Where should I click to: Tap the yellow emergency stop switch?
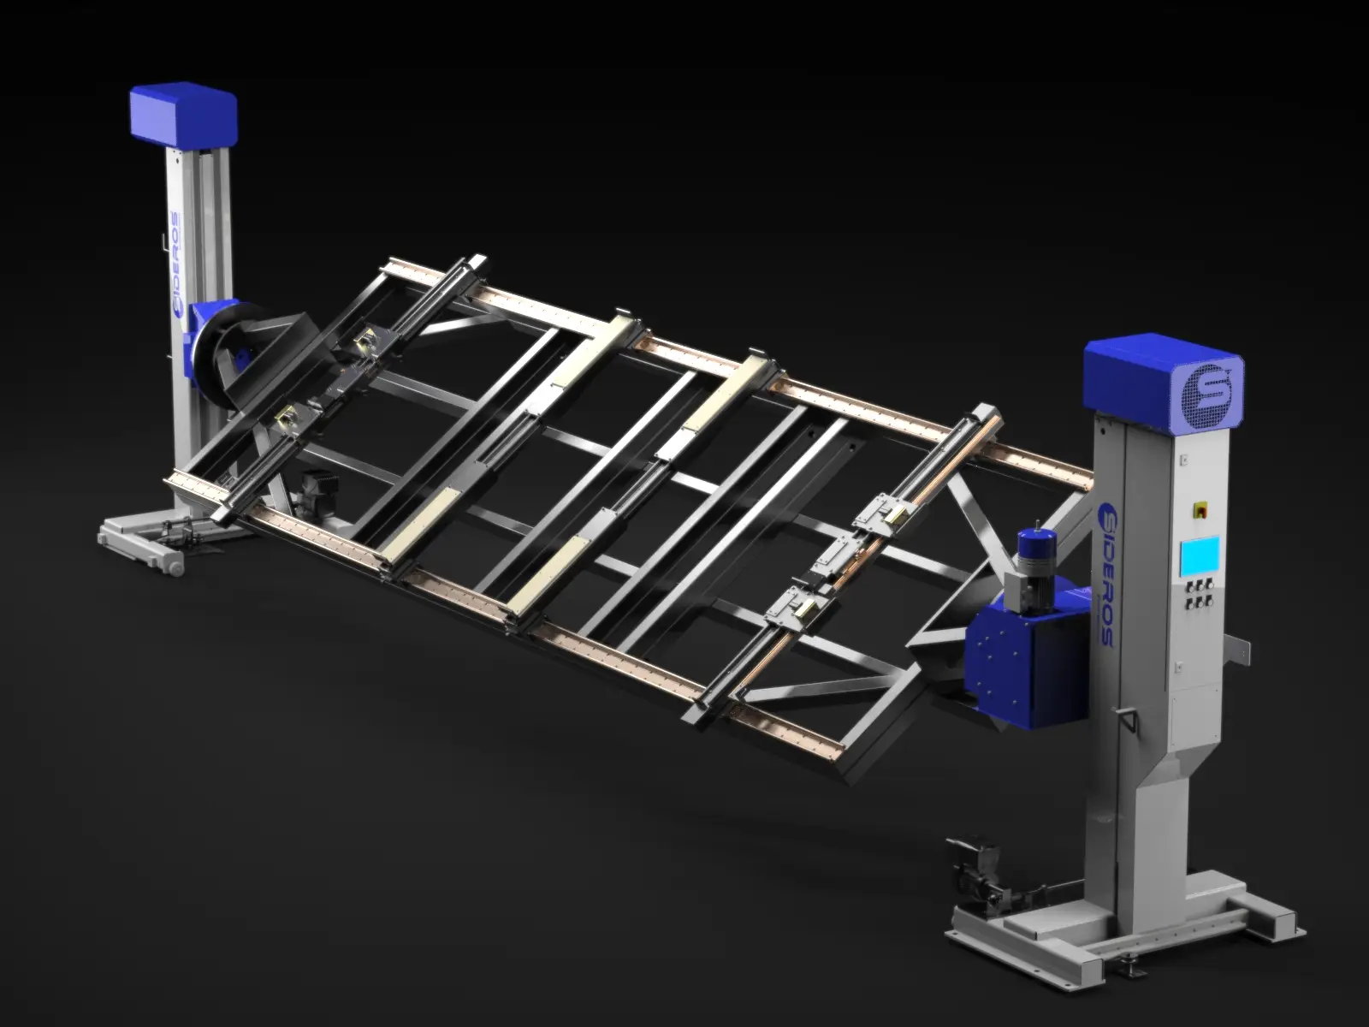pos(1198,509)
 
